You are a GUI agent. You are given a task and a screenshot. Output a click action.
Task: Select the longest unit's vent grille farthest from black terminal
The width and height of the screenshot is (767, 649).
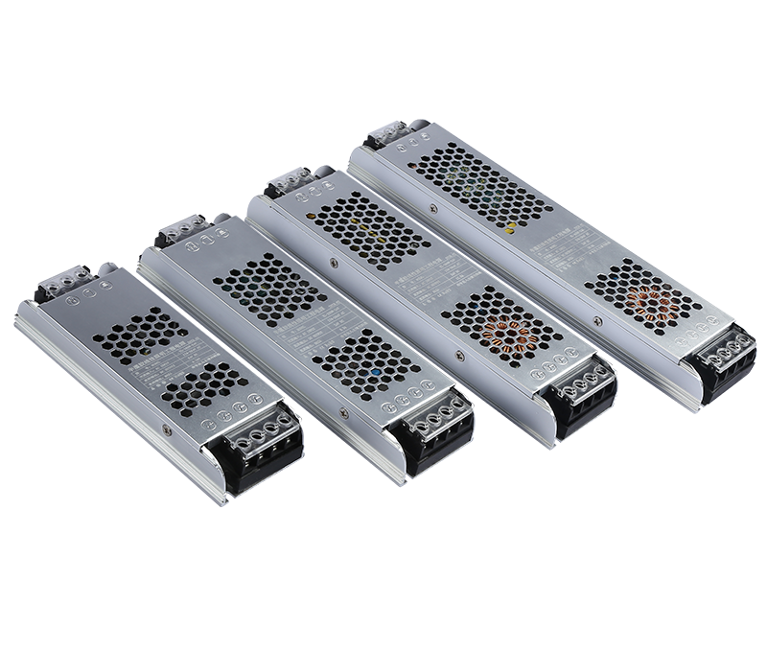(479, 187)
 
